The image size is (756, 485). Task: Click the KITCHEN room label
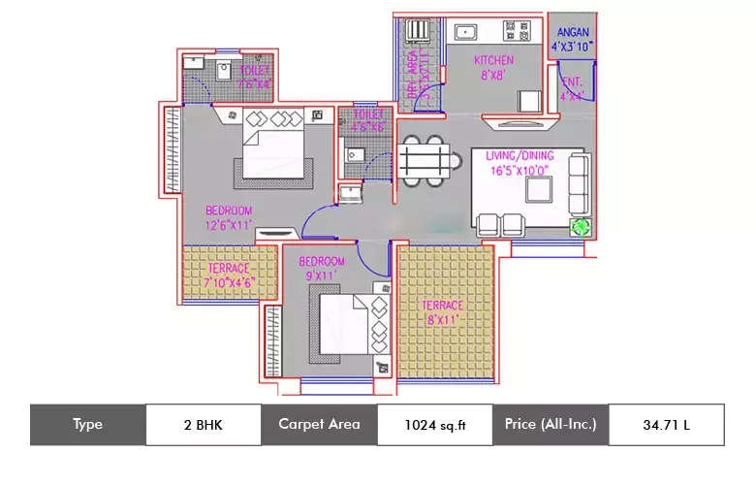point(493,60)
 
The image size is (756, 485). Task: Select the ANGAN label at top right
point(572,32)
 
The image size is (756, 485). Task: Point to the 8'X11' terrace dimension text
point(441,319)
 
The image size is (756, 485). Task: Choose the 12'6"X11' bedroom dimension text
point(229,225)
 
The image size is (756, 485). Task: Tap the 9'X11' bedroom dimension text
point(321,275)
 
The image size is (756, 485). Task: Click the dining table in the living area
point(425,158)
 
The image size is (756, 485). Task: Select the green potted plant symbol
point(580,227)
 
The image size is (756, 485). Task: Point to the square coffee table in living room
point(538,189)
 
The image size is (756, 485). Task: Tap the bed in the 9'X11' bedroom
point(344,325)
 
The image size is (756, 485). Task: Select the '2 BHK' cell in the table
point(203,424)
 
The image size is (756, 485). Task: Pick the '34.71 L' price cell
point(666,424)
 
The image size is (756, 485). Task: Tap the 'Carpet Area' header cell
point(319,424)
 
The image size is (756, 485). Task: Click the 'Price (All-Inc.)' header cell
point(550,424)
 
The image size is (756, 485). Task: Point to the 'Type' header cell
point(87,424)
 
